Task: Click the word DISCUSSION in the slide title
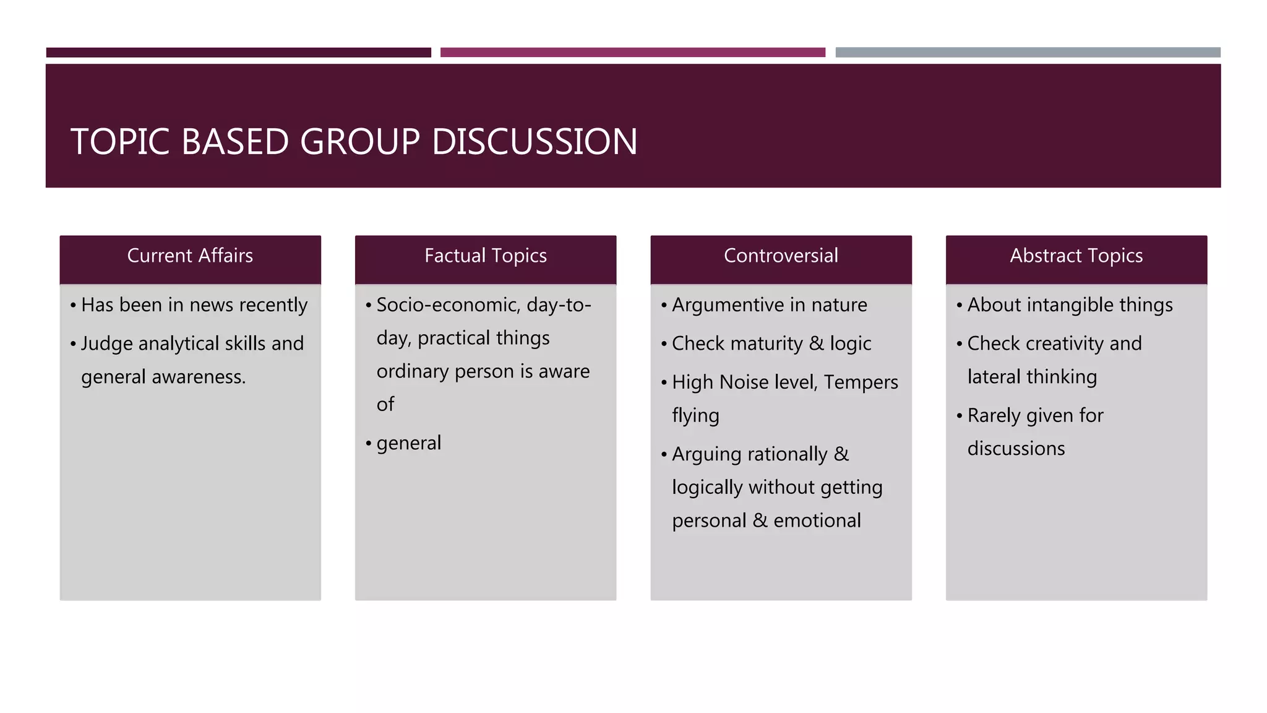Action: [535, 142]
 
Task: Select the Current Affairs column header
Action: [190, 256]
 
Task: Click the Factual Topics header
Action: [486, 256]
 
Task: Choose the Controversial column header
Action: [781, 256]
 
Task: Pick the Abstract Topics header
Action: [1076, 256]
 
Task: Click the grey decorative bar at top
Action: [1028, 53]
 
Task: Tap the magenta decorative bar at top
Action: [632, 53]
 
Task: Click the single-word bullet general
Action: [408, 443]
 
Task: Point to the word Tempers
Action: [861, 382]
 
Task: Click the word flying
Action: [695, 416]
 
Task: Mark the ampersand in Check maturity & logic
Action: [817, 344]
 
